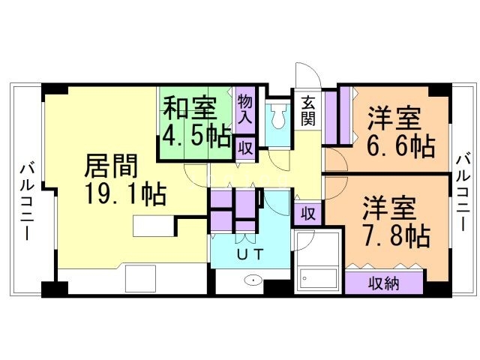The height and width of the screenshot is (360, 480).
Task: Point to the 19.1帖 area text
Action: click(x=125, y=195)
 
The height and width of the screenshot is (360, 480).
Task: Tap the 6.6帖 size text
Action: click(x=400, y=145)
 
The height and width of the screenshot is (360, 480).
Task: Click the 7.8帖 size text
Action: click(x=397, y=235)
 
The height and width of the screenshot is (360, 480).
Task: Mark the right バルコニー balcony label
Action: click(x=463, y=193)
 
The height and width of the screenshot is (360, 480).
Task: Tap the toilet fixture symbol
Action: click(x=279, y=116)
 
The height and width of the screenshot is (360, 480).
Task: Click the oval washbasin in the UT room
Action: click(x=253, y=282)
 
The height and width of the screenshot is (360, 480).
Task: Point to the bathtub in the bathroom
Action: click(x=316, y=280)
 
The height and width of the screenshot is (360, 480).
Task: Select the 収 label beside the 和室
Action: click(x=245, y=147)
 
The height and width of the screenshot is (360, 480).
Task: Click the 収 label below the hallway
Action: click(x=307, y=213)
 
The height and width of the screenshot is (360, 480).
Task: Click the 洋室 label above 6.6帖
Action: click(x=394, y=118)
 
